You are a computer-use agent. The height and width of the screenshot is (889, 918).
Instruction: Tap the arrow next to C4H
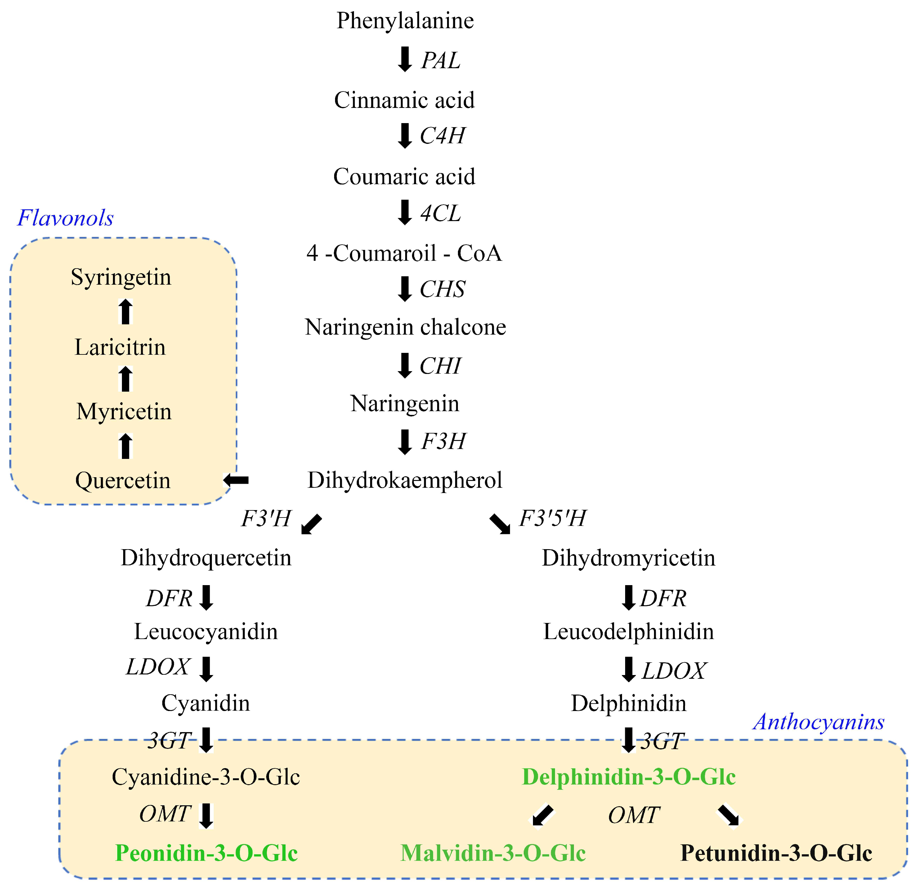405,136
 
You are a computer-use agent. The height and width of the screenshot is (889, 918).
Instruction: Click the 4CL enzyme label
440,213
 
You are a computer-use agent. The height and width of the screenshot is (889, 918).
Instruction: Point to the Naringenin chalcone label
405,327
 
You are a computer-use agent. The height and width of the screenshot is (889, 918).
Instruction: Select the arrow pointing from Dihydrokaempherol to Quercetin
236,480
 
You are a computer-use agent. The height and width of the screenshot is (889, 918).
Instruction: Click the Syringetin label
121,277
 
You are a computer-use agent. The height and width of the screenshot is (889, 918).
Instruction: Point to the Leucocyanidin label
206,632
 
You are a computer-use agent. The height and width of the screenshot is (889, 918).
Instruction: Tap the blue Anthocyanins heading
819,722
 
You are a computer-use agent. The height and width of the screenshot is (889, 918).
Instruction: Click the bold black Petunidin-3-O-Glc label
776,853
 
